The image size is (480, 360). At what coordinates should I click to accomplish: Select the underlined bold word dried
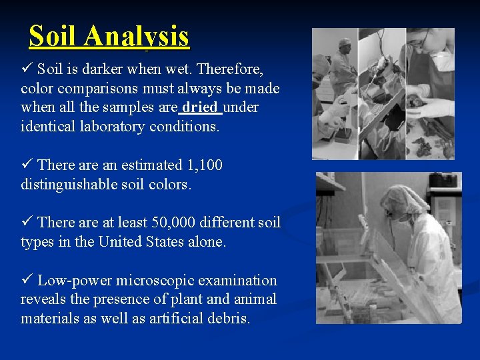201,107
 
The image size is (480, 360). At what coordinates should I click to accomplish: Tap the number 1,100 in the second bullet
203,165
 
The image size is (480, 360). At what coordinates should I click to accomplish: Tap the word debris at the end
229,319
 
